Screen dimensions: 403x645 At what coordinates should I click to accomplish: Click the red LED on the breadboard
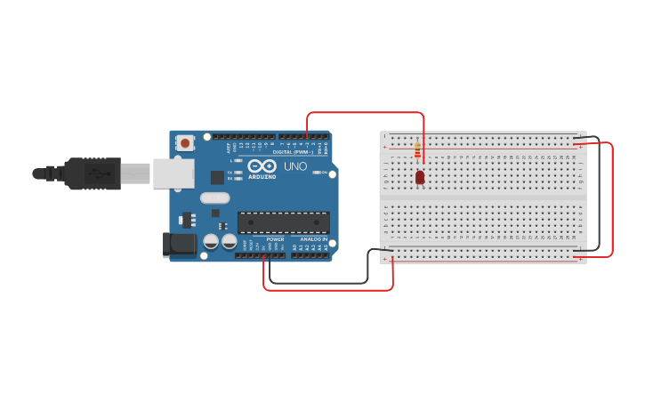(420, 177)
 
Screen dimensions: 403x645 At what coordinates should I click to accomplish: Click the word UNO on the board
(295, 166)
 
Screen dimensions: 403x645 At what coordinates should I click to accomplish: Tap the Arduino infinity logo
(262, 166)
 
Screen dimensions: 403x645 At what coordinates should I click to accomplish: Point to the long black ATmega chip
(283, 222)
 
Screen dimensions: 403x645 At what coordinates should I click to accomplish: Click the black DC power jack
(180, 245)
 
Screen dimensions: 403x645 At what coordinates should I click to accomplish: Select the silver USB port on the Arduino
(173, 173)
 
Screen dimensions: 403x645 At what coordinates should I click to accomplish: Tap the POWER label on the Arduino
(275, 239)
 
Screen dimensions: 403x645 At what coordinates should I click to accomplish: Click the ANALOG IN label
(313, 239)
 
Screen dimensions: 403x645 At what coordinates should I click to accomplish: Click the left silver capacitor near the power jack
(211, 241)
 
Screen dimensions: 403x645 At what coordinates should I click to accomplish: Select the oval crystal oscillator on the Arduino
(215, 212)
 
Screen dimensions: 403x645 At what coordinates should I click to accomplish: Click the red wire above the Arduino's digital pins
(365, 113)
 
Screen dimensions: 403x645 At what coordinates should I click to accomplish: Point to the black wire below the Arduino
(320, 284)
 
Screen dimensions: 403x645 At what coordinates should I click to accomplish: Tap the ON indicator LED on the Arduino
(316, 172)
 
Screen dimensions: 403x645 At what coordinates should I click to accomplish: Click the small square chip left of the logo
(216, 177)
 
